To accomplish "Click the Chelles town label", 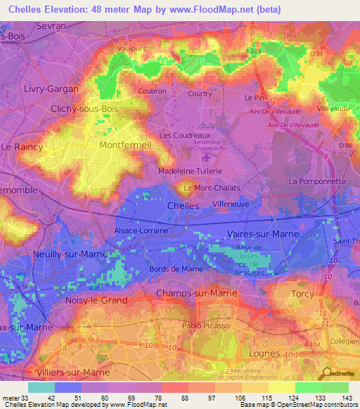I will coord(184,205).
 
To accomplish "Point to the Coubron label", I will coord(152,91).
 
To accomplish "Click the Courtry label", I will coord(200,93).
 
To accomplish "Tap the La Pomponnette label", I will coord(317,181).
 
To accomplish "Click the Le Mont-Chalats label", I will coord(212,188).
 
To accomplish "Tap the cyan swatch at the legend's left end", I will coord(41,387).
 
